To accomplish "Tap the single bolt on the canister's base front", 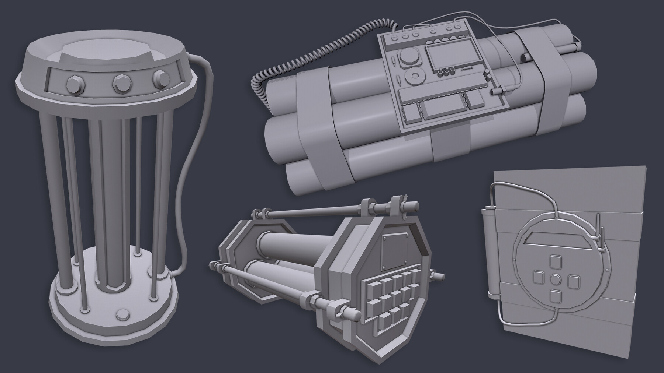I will pos(121,315).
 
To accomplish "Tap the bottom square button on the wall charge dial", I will pos(554,297).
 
